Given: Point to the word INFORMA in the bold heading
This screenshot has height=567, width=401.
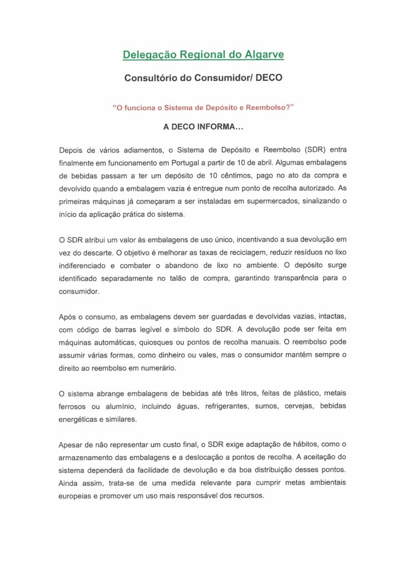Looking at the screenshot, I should pyautogui.click(x=213, y=127).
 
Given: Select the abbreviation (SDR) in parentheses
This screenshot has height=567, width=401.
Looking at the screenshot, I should pyautogui.click(x=301, y=150).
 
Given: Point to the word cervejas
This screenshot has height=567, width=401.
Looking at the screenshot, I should pyautogui.click(x=301, y=406).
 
